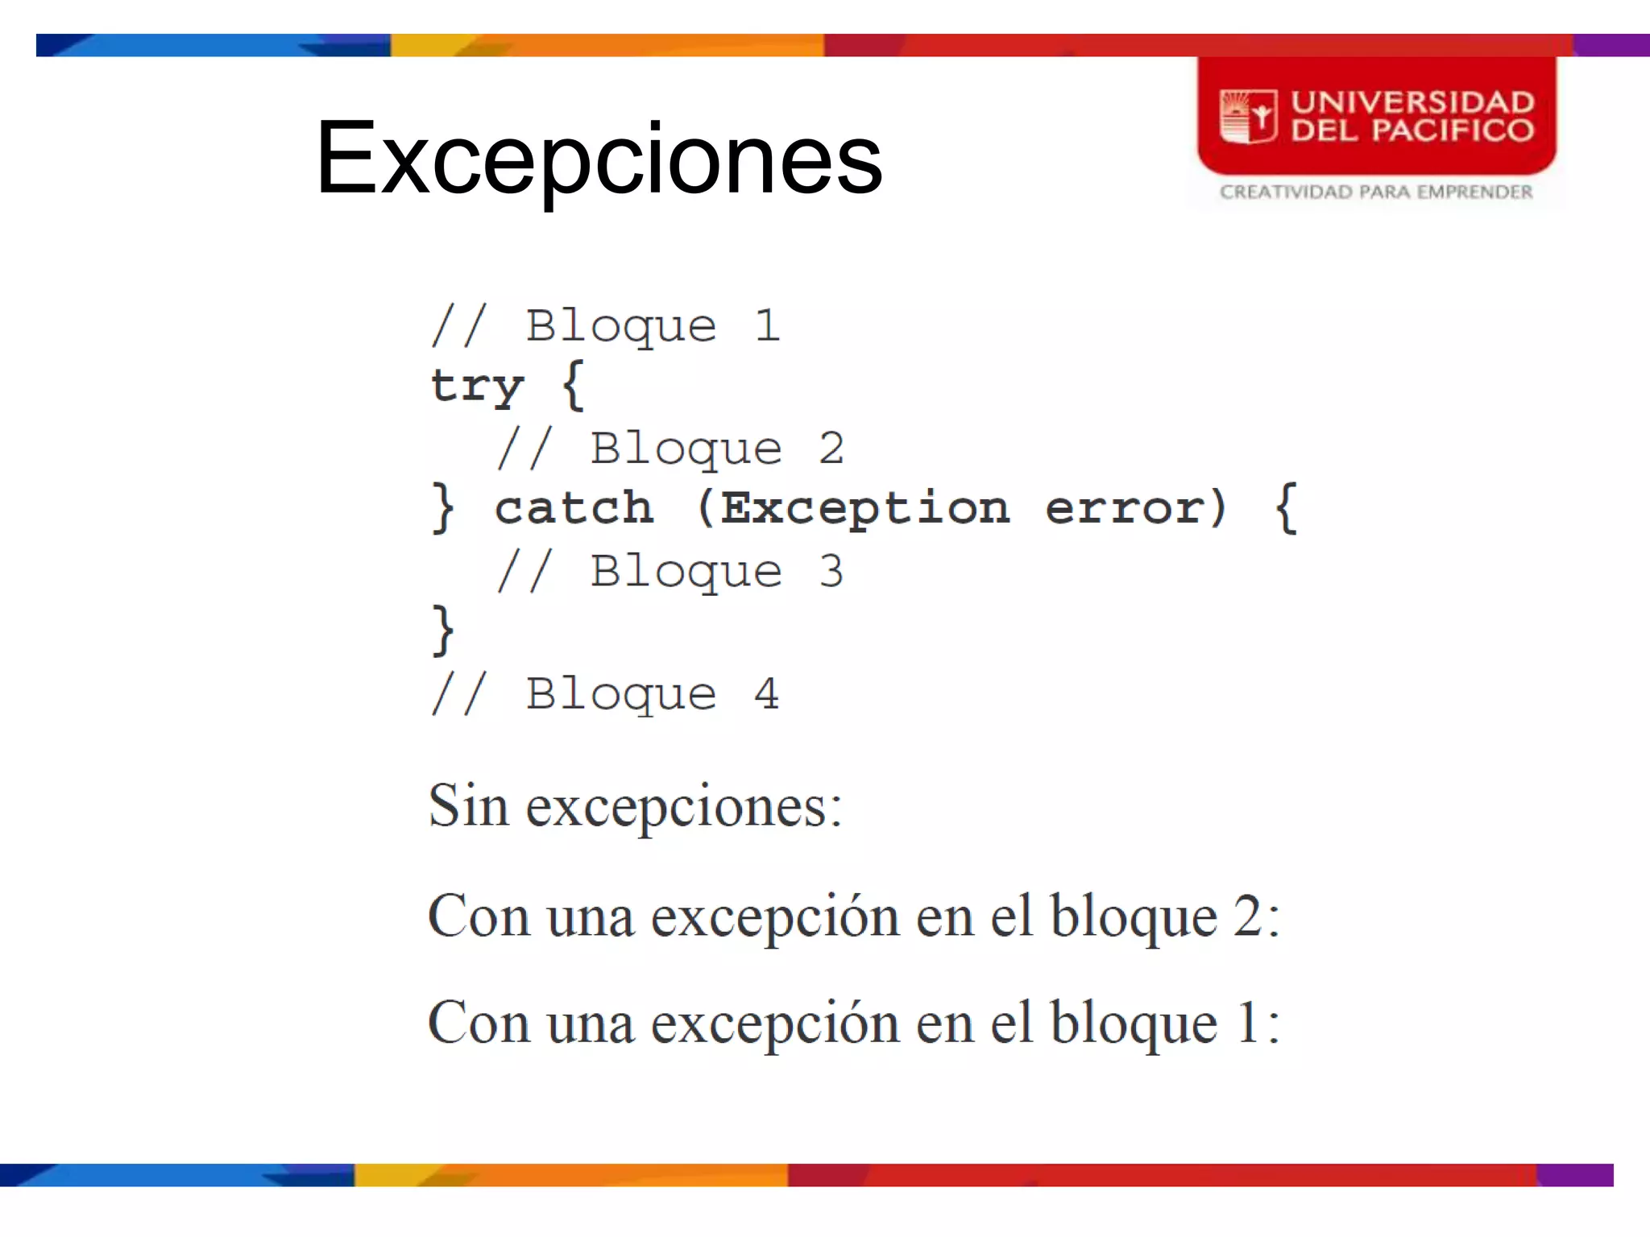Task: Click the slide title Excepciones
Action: [599, 158]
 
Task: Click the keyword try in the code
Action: [477, 386]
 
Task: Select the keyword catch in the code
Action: [574, 508]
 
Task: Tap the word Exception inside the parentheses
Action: [864, 508]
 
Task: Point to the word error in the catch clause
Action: [1123, 508]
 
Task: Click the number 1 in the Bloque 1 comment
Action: [767, 326]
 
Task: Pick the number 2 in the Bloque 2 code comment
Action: [831, 449]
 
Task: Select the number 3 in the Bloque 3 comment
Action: [831, 571]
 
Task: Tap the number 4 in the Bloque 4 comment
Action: [767, 693]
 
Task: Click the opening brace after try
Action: [573, 386]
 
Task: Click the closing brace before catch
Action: [443, 508]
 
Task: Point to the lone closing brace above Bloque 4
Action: [443, 631]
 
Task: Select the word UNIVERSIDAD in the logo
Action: [1412, 102]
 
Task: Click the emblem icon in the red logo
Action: [1248, 117]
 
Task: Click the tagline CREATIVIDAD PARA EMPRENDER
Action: [1375, 192]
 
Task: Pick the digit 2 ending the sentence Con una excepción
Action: [1247, 916]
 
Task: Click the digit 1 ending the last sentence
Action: [1247, 1023]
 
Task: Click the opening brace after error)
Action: [1287, 508]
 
